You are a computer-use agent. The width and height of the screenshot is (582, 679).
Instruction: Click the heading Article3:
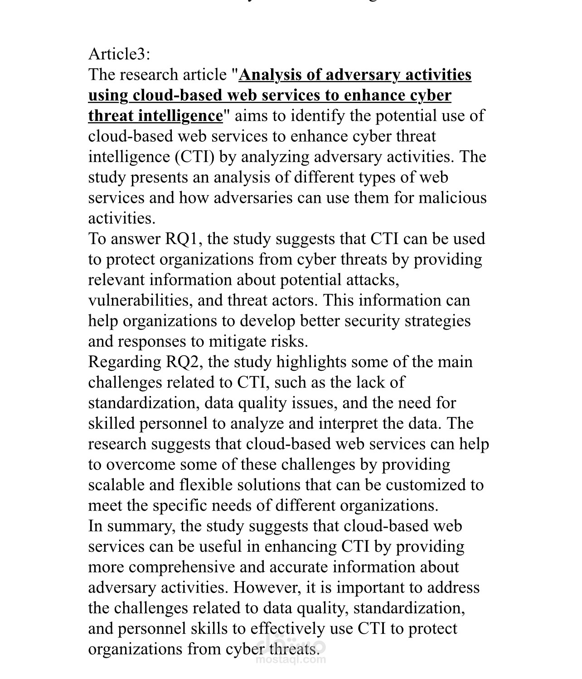pyautogui.click(x=119, y=54)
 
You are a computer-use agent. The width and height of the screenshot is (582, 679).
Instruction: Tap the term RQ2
pyautogui.click(x=183, y=362)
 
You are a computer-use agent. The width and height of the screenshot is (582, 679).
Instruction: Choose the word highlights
pyautogui.click(x=311, y=362)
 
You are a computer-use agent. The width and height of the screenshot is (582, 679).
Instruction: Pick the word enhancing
pyautogui.click(x=301, y=547)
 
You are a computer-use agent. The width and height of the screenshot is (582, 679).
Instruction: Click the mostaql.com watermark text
pyautogui.click(x=291, y=659)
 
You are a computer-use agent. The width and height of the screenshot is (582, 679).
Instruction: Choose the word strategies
pyautogui.click(x=437, y=321)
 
